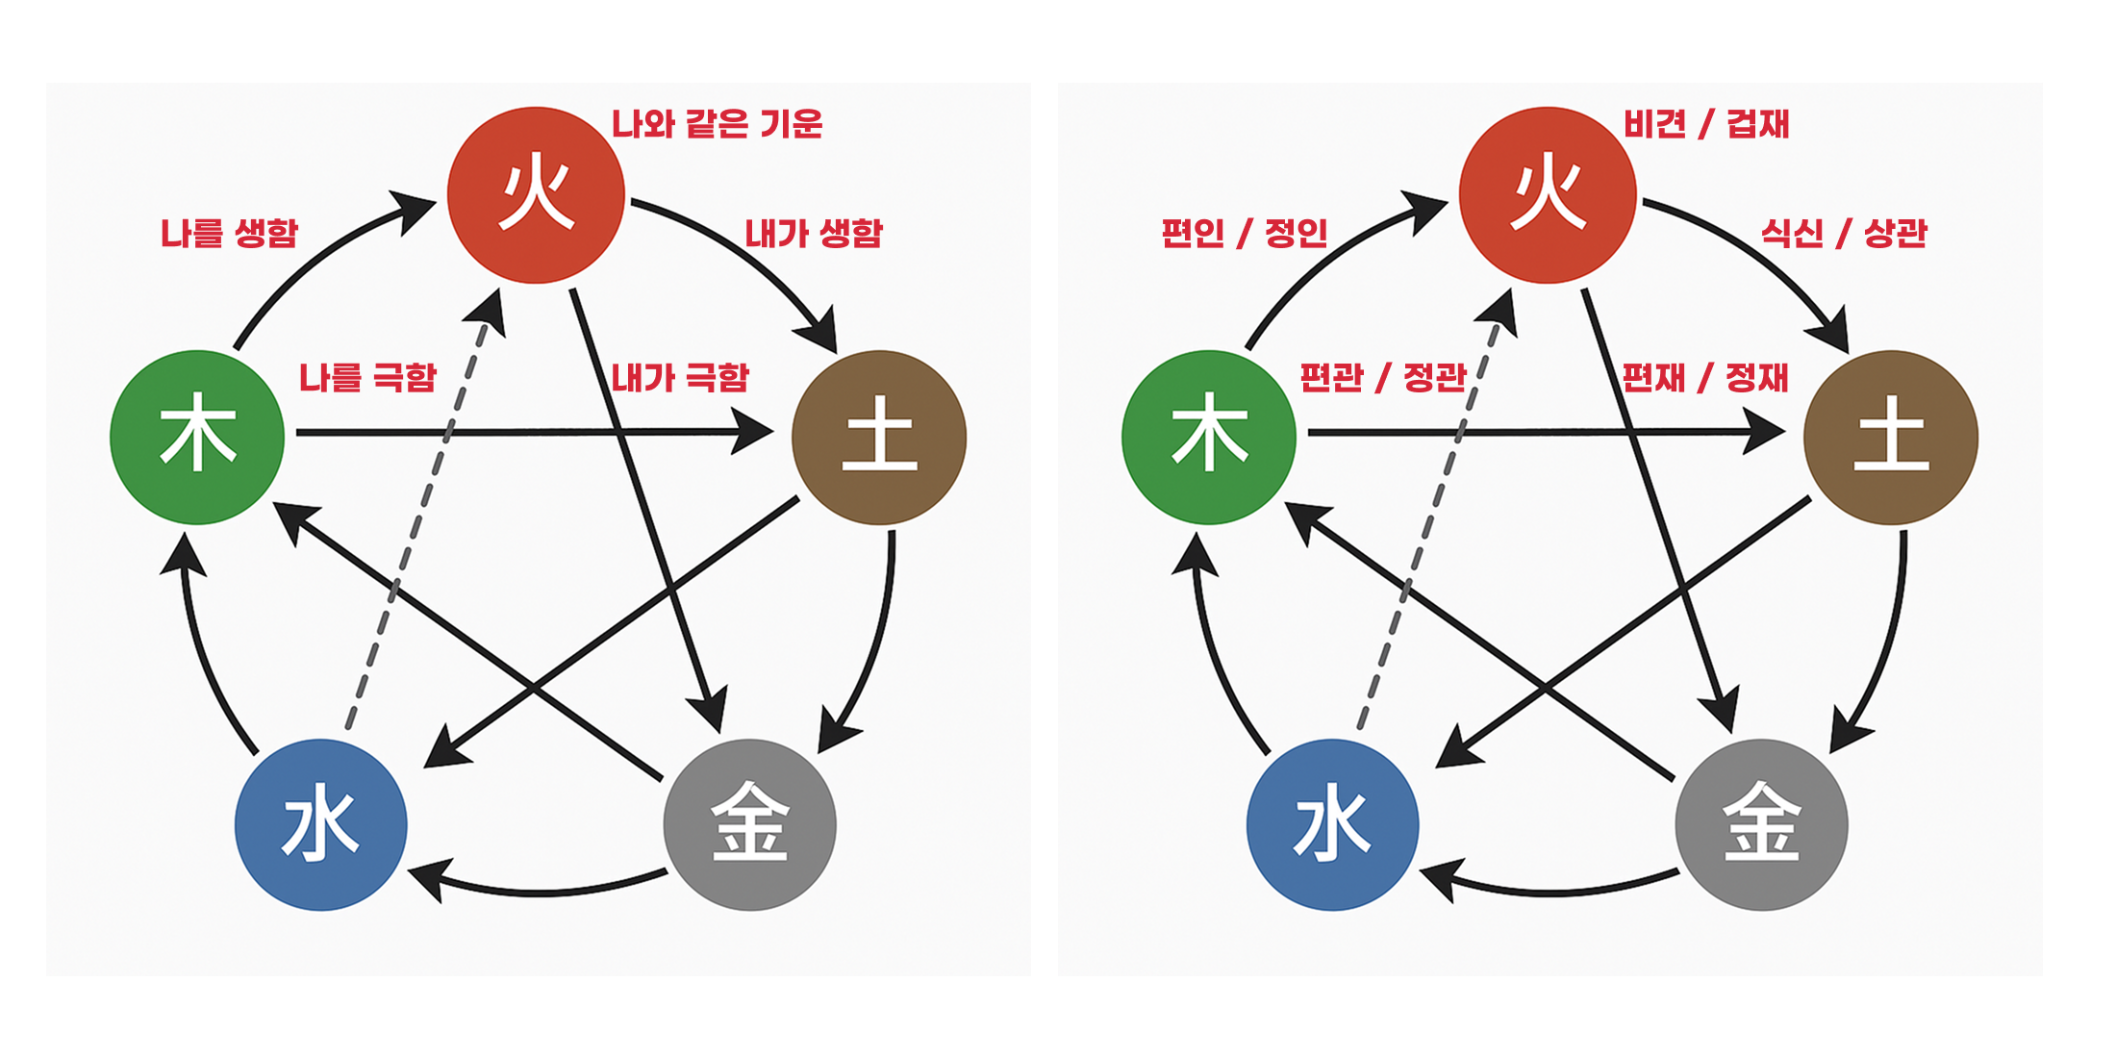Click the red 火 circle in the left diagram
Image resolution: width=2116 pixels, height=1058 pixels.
[x=536, y=195]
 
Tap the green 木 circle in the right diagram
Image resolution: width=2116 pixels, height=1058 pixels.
[x=1209, y=437]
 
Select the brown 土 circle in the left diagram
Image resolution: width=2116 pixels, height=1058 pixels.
[x=879, y=437]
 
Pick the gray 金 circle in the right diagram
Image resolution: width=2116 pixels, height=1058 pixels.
[x=1761, y=824]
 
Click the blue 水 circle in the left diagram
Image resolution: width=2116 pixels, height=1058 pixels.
[x=321, y=824]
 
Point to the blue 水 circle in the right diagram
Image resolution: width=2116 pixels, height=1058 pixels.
[x=1332, y=824]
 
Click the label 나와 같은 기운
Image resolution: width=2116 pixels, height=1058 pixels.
[x=718, y=124]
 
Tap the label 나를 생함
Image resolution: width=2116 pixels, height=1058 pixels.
[x=229, y=233]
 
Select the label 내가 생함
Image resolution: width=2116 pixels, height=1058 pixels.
[x=814, y=233]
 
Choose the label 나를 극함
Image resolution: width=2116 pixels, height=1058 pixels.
[x=367, y=377]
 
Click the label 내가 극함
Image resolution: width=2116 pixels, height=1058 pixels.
[x=680, y=377]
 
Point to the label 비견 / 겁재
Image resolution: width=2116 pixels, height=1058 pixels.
[x=1706, y=124]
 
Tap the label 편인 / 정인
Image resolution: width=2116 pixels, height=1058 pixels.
[x=1245, y=233]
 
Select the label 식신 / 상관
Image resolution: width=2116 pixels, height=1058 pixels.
[x=1844, y=233]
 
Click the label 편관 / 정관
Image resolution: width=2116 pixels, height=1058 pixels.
[x=1383, y=377]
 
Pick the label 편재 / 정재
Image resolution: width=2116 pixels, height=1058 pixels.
[x=1705, y=377]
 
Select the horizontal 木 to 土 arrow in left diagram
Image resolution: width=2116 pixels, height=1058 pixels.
[x=519, y=432]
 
